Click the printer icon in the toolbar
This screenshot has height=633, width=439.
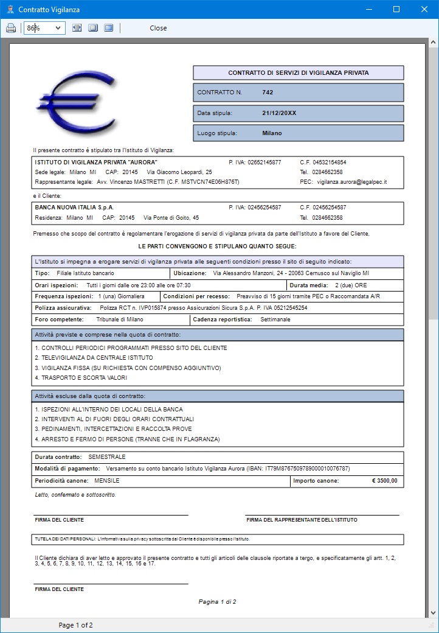(x=11, y=28)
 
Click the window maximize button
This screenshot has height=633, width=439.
(x=396, y=9)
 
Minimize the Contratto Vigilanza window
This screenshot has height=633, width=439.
(x=368, y=9)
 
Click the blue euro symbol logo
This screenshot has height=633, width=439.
(x=75, y=101)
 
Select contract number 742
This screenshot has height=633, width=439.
(x=268, y=93)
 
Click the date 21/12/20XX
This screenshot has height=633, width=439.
(x=279, y=113)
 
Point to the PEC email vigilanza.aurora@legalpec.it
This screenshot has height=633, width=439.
(x=352, y=182)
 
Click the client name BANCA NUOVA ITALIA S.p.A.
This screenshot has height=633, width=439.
(x=74, y=208)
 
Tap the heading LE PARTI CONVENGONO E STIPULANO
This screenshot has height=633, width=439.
(x=218, y=246)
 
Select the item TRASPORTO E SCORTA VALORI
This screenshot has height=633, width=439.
(x=81, y=378)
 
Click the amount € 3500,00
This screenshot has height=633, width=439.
(x=384, y=481)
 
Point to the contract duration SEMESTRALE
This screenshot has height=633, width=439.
(x=107, y=456)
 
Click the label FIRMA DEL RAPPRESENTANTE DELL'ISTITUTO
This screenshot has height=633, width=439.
(x=302, y=520)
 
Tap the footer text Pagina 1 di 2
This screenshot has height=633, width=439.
(x=217, y=602)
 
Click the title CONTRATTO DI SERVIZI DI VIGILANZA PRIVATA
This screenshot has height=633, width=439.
(x=298, y=73)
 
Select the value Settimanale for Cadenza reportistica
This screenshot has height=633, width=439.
(x=275, y=319)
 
